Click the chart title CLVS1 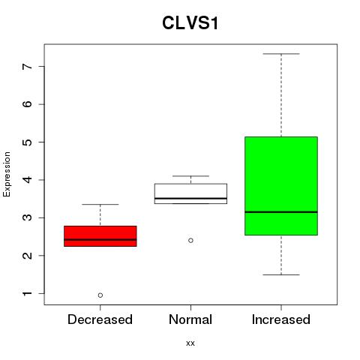coord(190,23)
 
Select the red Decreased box coord(100,236)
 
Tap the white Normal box coord(190,193)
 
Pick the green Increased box coord(281,186)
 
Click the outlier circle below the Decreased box coord(100,295)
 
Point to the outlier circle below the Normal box coord(190,240)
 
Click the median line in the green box coord(281,212)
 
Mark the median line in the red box coord(100,239)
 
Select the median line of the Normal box coord(190,198)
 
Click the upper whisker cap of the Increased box coord(281,54)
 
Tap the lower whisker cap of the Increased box coord(281,274)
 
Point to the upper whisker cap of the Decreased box coord(100,204)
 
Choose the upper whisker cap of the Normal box coord(190,176)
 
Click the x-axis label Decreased coord(100,319)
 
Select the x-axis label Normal coord(190,319)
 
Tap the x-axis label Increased coord(281,319)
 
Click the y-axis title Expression coord(7,174)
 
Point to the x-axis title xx coord(190,343)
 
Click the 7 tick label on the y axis coord(28,66)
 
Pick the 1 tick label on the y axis coord(28,293)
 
